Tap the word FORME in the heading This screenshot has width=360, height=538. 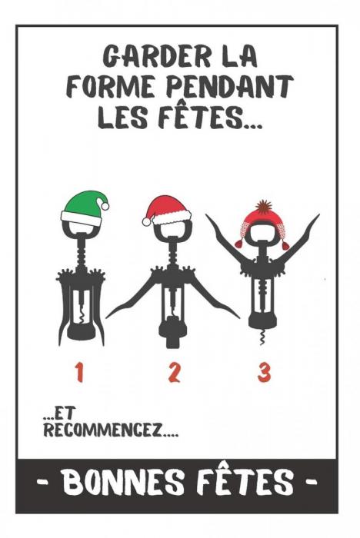[111, 87]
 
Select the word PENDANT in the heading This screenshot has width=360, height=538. [230, 87]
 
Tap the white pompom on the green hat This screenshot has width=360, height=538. [105, 206]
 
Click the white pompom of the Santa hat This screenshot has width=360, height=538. [146, 221]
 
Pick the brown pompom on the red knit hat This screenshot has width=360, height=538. [264, 205]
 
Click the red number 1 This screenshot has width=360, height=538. [80, 373]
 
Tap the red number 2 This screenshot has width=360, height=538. [174, 373]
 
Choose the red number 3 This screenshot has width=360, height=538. [264, 373]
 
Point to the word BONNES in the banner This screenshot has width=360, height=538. [124, 481]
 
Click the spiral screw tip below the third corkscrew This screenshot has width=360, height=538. [262, 337]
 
